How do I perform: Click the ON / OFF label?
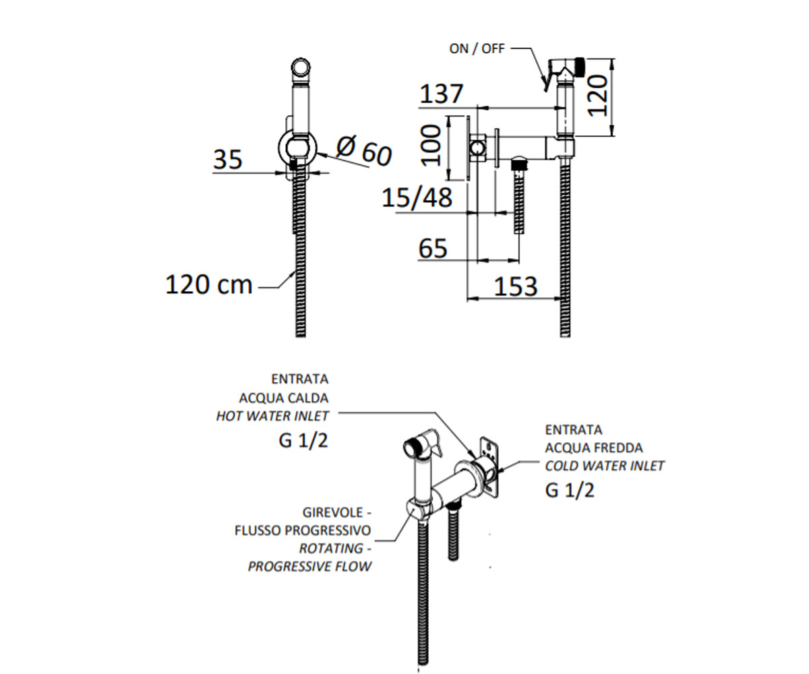tap(477, 49)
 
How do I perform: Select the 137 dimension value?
tap(442, 94)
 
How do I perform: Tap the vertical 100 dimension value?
tap(431, 146)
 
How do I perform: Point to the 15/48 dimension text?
tap(417, 197)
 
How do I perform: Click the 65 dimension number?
tap(433, 248)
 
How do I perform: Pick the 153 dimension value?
tap(516, 286)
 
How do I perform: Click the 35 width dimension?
tap(228, 159)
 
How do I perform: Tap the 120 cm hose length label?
tap(209, 284)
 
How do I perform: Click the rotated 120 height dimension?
tap(597, 96)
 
